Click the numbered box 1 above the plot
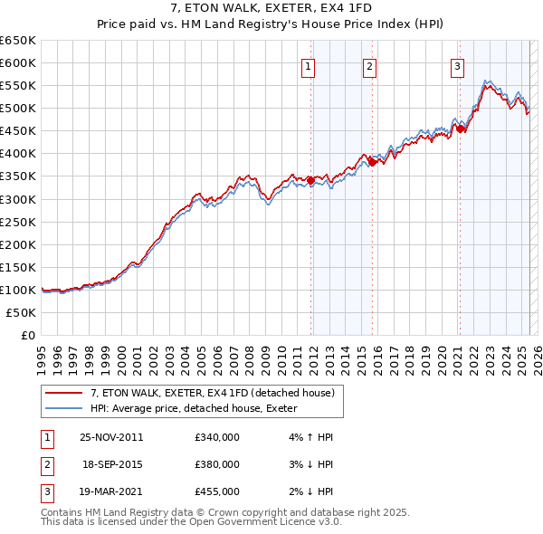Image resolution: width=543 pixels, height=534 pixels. coord(309,65)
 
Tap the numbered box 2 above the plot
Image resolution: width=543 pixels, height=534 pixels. coord(370,65)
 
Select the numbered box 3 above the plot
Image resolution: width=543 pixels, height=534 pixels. coord(458,65)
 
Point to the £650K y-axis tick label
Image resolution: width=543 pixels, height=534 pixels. coord(18,41)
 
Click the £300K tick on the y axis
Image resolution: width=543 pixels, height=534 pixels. coord(18,199)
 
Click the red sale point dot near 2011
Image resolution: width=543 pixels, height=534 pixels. coord(311,180)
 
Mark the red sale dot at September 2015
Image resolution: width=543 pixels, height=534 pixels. coord(372,163)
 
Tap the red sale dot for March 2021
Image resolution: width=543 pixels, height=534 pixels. coord(461,129)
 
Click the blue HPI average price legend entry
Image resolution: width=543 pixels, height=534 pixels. coord(200,408)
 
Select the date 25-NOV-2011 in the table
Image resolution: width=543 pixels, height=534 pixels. coord(111,437)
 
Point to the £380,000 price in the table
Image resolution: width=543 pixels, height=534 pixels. coord(216,464)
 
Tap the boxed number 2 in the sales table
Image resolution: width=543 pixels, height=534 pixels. coord(46,464)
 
